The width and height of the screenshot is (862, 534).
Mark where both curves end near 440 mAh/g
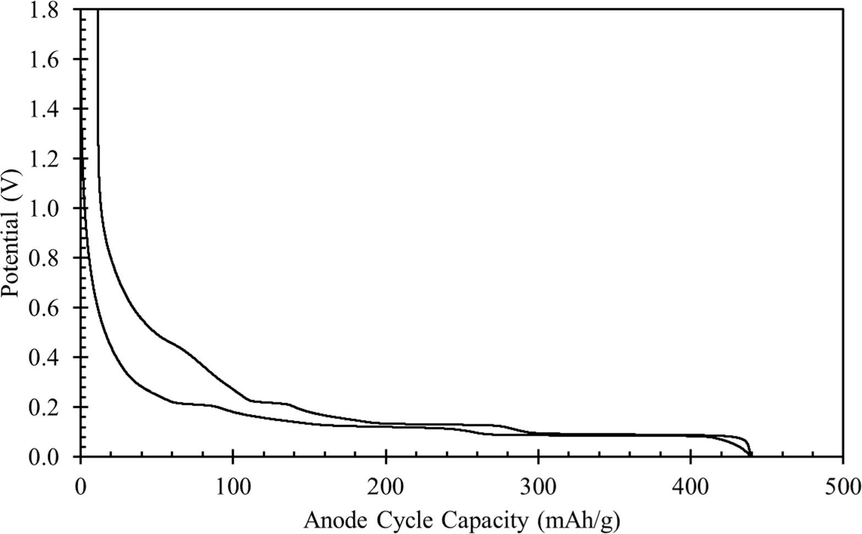point(751,454)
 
